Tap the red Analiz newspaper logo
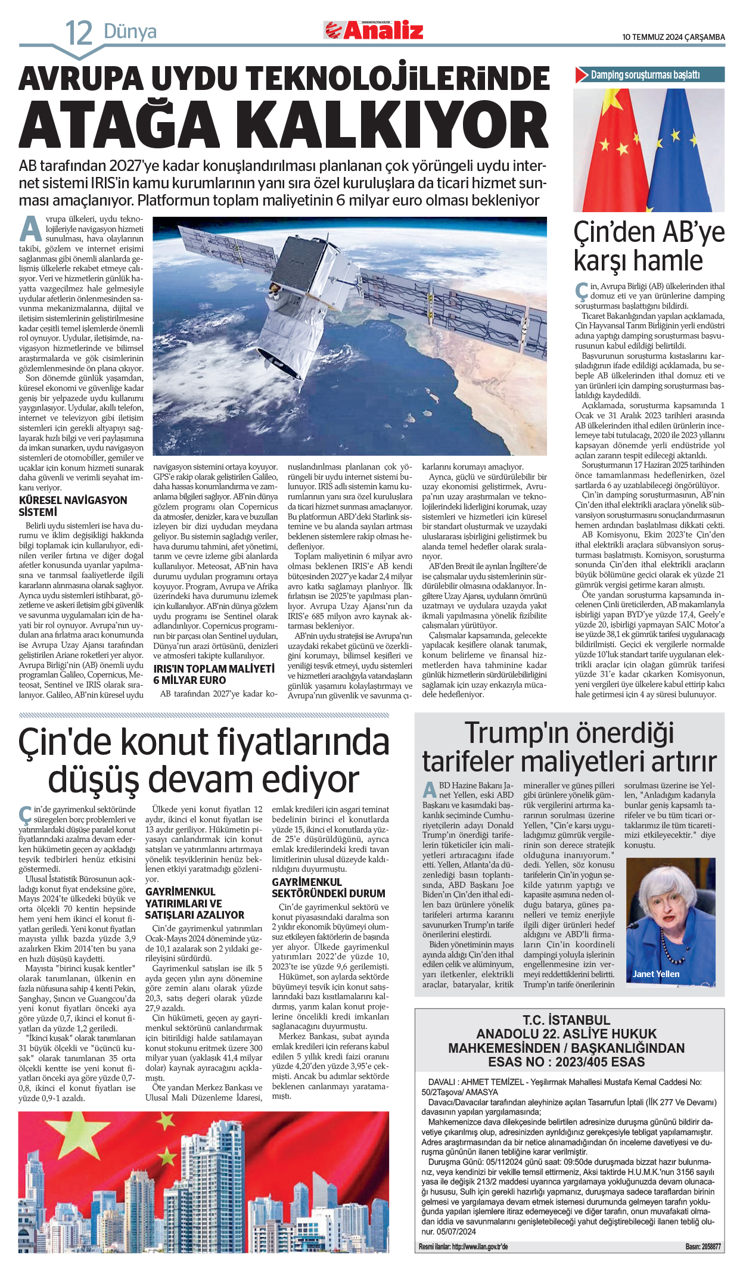(374, 30)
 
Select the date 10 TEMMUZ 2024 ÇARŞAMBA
(673, 37)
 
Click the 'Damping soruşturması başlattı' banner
(649, 75)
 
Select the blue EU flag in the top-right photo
(685, 149)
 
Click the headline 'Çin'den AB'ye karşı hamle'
(649, 246)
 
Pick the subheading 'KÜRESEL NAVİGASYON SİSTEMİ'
(73, 506)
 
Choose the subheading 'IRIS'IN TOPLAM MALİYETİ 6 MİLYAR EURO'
(213, 674)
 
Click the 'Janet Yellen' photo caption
(656, 974)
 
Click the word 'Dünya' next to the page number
(130, 31)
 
